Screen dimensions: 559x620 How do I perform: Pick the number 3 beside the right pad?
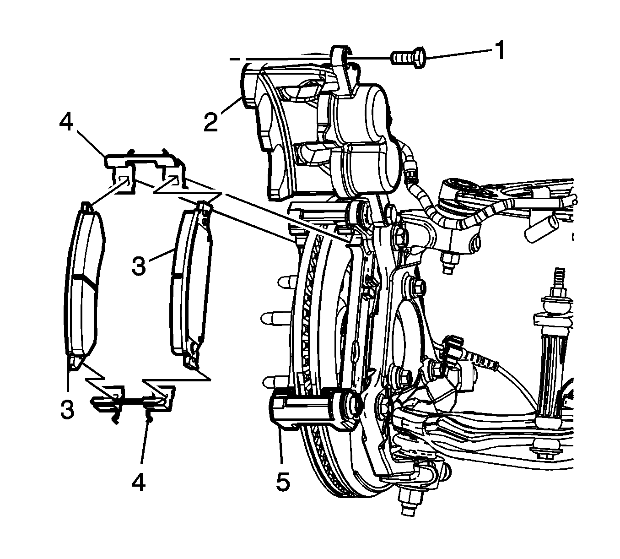139,266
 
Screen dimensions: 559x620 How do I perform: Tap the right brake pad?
190,284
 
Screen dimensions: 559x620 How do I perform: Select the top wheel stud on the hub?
285,280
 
